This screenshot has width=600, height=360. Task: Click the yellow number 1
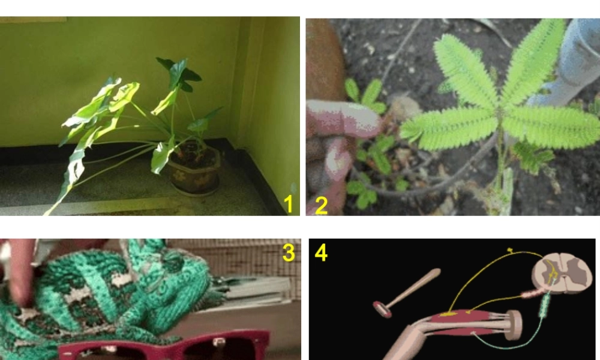click(288, 204)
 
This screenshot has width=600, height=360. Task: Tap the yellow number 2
click(321, 205)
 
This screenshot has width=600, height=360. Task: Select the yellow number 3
click(289, 253)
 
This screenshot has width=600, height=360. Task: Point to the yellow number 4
click(321, 253)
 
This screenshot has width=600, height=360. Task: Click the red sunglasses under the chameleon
click(180, 348)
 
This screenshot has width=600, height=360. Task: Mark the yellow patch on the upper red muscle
click(449, 314)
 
